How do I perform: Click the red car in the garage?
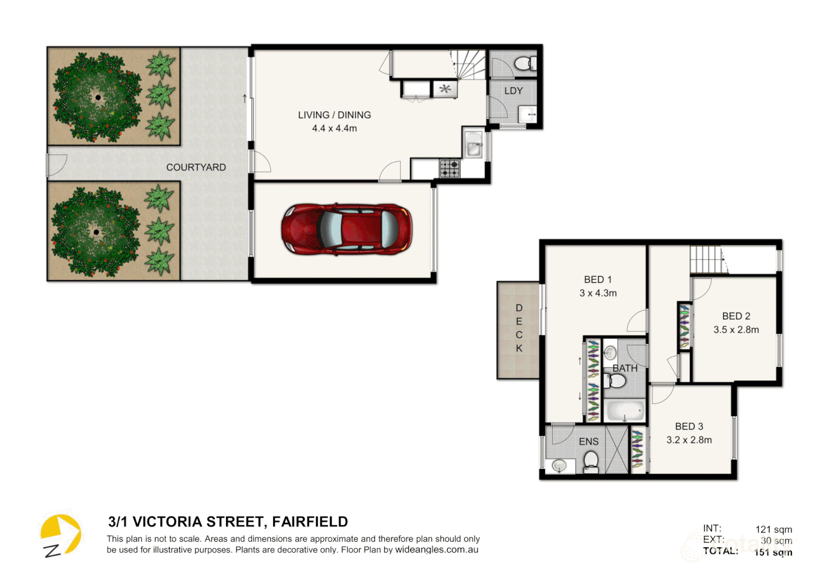point(347,229)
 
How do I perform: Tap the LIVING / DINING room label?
point(334,115)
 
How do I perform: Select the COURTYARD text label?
point(196,168)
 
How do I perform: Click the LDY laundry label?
point(513,91)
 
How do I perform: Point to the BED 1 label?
point(598,280)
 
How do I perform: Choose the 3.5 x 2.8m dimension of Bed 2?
point(736,330)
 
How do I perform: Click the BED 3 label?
point(689,426)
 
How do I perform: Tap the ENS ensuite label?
point(588,441)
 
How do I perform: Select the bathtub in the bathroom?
point(624,411)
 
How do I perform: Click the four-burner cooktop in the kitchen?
point(450,169)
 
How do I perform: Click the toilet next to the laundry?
point(523,64)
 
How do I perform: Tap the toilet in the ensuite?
point(591,461)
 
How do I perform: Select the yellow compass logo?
point(60,535)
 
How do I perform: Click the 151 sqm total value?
point(773,552)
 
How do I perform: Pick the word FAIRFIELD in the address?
point(310,522)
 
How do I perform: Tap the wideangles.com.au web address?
point(436,550)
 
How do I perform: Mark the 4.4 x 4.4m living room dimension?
point(334,128)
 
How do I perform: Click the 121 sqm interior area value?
point(773,530)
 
